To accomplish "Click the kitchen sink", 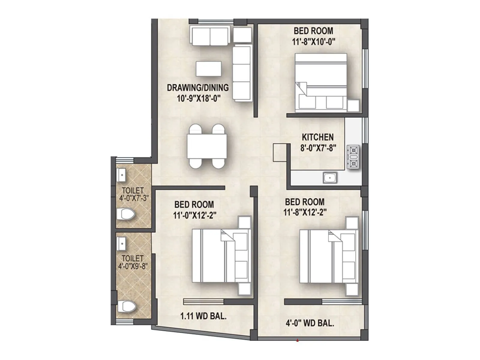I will click(x=330, y=178).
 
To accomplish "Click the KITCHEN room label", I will click(x=317, y=137).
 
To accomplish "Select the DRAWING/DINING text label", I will click(x=198, y=88).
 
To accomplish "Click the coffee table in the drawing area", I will click(x=209, y=69).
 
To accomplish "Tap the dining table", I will click(x=207, y=146).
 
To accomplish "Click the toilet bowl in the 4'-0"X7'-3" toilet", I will click(x=125, y=214).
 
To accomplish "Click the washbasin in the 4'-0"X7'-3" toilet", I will click(x=121, y=175).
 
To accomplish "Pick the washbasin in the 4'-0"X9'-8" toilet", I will click(x=121, y=243).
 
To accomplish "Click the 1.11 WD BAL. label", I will click(x=203, y=316).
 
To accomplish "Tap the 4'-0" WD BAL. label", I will click(x=310, y=323).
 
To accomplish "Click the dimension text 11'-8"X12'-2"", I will click(x=305, y=212).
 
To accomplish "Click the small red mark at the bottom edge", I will click(x=297, y=340).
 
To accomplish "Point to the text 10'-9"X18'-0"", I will click(x=197, y=98).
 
